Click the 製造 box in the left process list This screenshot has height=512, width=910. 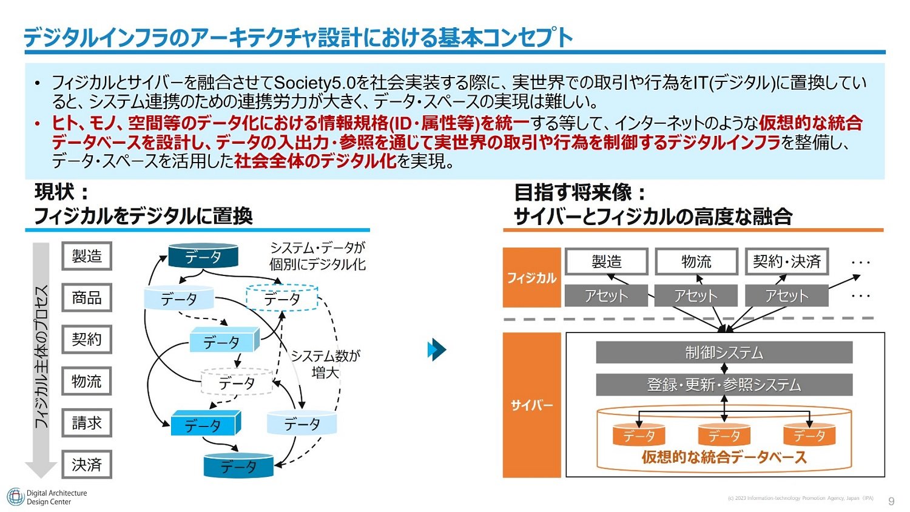[x=87, y=256]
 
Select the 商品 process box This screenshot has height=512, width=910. [x=87, y=298]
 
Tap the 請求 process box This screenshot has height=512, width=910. [x=87, y=423]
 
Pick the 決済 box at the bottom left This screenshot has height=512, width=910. [x=87, y=465]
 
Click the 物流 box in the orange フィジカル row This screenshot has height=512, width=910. [x=696, y=261]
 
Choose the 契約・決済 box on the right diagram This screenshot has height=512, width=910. [x=787, y=261]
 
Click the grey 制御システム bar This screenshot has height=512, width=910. [x=724, y=352]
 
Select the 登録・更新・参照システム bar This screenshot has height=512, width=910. [x=724, y=385]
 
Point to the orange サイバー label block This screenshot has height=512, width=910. [x=532, y=405]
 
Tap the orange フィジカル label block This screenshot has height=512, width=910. [x=532, y=278]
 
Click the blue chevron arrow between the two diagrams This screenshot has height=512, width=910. [x=437, y=349]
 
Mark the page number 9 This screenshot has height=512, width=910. [x=891, y=501]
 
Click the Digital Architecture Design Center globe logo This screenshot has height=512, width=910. [x=15, y=497]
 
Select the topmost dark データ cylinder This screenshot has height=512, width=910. [x=203, y=255]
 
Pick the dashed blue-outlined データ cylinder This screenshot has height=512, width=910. [x=282, y=298]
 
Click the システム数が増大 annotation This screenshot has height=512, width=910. [x=326, y=364]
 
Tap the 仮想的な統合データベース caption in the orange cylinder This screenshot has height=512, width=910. [x=724, y=457]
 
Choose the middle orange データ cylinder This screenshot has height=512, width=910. [x=724, y=435]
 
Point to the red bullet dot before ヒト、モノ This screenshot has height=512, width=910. [x=38, y=123]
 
